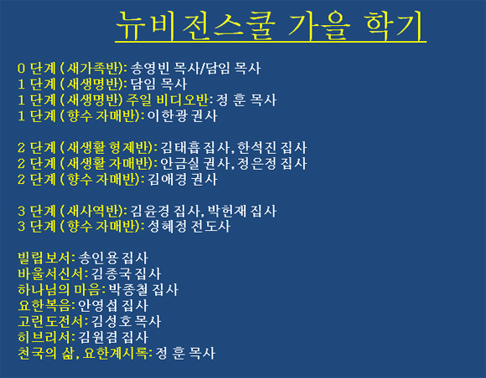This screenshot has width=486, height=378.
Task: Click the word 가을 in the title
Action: (318, 25)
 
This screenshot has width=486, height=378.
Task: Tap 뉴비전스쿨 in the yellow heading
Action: (195, 25)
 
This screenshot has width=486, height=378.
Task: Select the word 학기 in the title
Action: (394, 25)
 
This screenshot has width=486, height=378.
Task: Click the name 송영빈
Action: (149, 69)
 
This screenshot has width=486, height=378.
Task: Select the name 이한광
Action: (167, 115)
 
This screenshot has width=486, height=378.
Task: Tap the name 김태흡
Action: (180, 147)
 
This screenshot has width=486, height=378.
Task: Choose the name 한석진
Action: (256, 147)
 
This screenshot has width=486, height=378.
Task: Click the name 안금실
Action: (180, 163)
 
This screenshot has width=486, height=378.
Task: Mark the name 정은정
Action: (256, 163)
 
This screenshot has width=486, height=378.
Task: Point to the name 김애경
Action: (167, 180)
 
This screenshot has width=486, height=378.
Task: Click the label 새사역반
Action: (93, 211)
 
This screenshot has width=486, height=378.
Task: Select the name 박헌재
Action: (226, 211)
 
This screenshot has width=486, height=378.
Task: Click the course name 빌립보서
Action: (44, 258)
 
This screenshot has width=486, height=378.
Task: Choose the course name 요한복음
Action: (44, 305)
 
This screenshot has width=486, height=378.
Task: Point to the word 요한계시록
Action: (116, 353)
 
